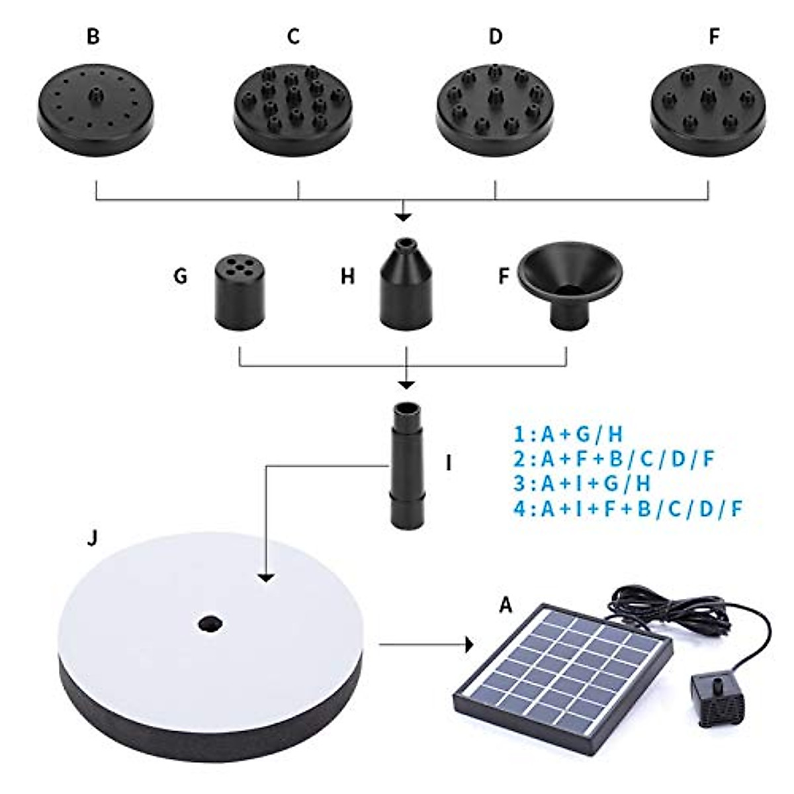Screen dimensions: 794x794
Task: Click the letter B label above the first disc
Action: tap(93, 37)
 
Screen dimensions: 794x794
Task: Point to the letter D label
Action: tap(496, 37)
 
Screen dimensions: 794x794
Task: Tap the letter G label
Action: tap(180, 276)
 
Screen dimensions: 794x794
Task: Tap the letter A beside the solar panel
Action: tap(506, 604)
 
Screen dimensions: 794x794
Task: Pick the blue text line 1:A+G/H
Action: tap(568, 435)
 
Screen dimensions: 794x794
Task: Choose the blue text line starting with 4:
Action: tap(629, 508)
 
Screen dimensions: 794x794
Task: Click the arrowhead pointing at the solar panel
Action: tap(470, 644)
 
